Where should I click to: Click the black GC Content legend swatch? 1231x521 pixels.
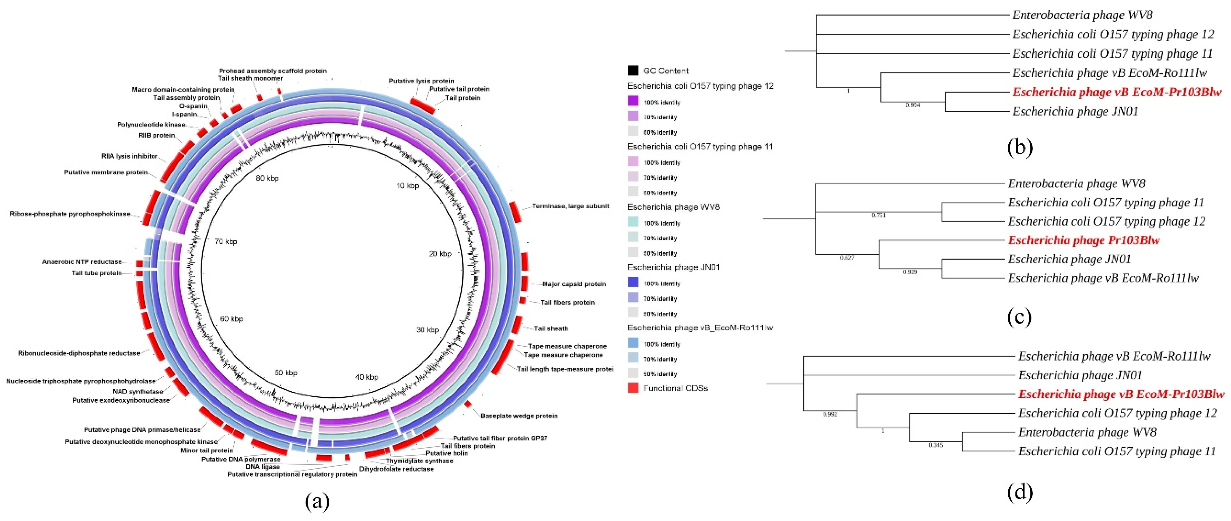[x=633, y=71]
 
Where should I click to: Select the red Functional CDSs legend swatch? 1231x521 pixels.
[x=633, y=388]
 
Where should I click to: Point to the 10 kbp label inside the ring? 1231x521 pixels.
[x=407, y=186]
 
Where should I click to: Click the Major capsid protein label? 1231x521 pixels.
[x=574, y=284]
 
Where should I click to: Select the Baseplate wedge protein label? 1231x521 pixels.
[x=519, y=416]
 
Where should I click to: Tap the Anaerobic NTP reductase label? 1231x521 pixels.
[x=82, y=262]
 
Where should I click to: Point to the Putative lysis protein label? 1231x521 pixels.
[x=421, y=81]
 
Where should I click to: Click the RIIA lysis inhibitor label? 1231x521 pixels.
[x=129, y=156]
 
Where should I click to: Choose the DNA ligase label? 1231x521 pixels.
[x=263, y=466]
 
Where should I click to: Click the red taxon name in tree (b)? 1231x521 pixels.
[x=1117, y=92]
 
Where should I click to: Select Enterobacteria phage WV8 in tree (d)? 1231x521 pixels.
[x=1087, y=432]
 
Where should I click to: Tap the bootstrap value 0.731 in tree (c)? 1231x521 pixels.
[x=878, y=215]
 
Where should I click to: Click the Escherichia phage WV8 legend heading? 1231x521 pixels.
[x=673, y=207]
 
